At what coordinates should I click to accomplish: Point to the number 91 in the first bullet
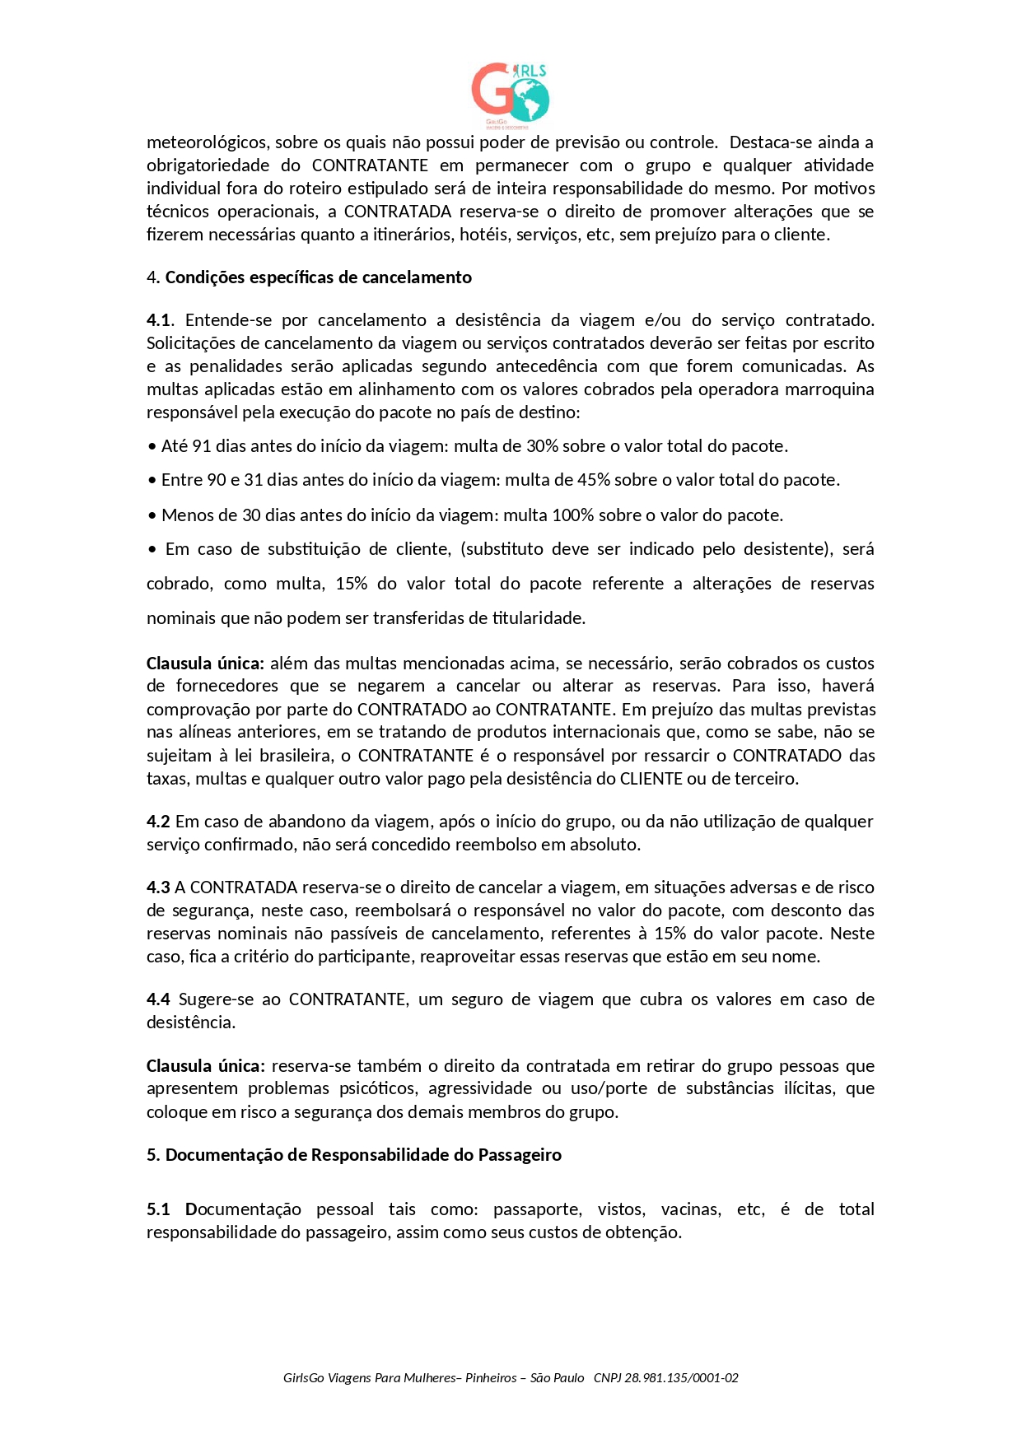click(x=202, y=446)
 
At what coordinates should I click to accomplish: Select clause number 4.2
click(x=158, y=822)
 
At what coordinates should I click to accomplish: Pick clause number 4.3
click(x=158, y=887)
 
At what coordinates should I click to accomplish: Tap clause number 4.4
click(x=158, y=999)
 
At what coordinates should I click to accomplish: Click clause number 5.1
click(x=158, y=1209)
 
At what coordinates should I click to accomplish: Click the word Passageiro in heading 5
click(x=521, y=1155)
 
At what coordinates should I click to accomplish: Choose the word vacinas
click(x=691, y=1209)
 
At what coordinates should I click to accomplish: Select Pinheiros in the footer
click(x=491, y=1378)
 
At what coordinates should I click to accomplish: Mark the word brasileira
click(x=293, y=756)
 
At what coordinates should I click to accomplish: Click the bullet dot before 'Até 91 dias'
click(x=152, y=447)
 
